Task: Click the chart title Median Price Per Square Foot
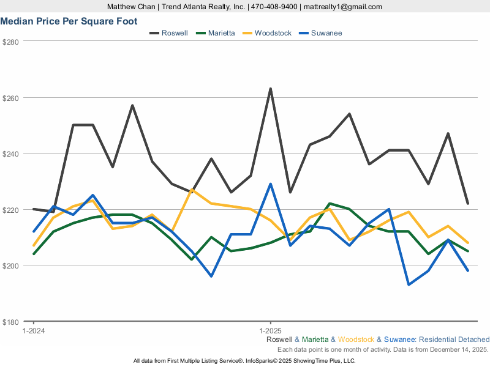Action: pos(69,21)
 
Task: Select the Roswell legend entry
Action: pos(175,33)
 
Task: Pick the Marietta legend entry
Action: pos(221,33)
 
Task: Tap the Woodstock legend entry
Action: pos(273,33)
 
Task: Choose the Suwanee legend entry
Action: pos(326,33)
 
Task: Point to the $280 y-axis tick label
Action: pos(12,42)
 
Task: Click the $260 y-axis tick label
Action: pos(12,98)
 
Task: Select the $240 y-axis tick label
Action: pos(12,154)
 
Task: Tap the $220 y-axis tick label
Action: pos(12,210)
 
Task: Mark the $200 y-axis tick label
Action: pos(12,265)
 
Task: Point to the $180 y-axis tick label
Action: pos(12,322)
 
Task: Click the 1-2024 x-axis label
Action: pos(33,330)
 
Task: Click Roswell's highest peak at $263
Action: pos(270,89)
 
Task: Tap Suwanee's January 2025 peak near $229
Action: pos(270,184)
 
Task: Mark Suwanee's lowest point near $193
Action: pos(409,284)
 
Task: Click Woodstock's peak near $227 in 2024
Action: pos(192,190)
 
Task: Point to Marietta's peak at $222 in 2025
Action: pos(330,204)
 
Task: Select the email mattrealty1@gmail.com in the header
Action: pos(342,7)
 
